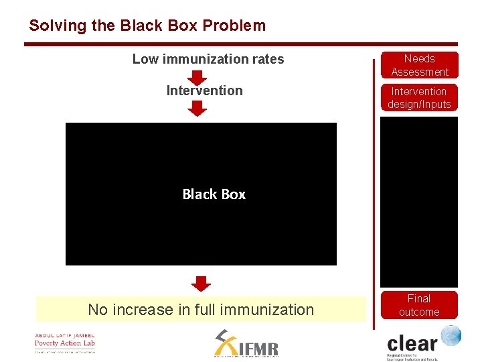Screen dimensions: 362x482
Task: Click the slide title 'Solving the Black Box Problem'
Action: [147, 26]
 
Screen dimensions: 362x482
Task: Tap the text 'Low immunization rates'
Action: [208, 59]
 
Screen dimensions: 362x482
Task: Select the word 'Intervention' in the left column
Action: [204, 90]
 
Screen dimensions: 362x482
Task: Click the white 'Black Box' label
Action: [214, 194]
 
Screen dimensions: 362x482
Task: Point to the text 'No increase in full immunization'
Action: [201, 310]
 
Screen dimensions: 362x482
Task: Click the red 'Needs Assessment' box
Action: [420, 65]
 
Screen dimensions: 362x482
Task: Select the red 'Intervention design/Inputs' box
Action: [420, 98]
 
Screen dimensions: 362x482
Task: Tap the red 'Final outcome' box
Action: [419, 305]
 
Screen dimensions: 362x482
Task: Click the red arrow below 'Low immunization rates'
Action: [197, 76]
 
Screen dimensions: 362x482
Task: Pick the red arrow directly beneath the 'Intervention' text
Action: [197, 108]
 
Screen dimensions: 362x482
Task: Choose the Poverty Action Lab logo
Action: [65, 343]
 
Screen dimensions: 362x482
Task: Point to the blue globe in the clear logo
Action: [451, 336]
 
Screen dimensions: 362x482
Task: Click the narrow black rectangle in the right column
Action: [419, 201]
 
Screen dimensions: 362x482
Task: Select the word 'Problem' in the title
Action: [234, 26]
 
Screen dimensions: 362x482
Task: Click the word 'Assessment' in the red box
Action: [420, 72]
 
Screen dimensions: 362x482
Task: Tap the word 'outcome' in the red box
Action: [419, 312]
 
